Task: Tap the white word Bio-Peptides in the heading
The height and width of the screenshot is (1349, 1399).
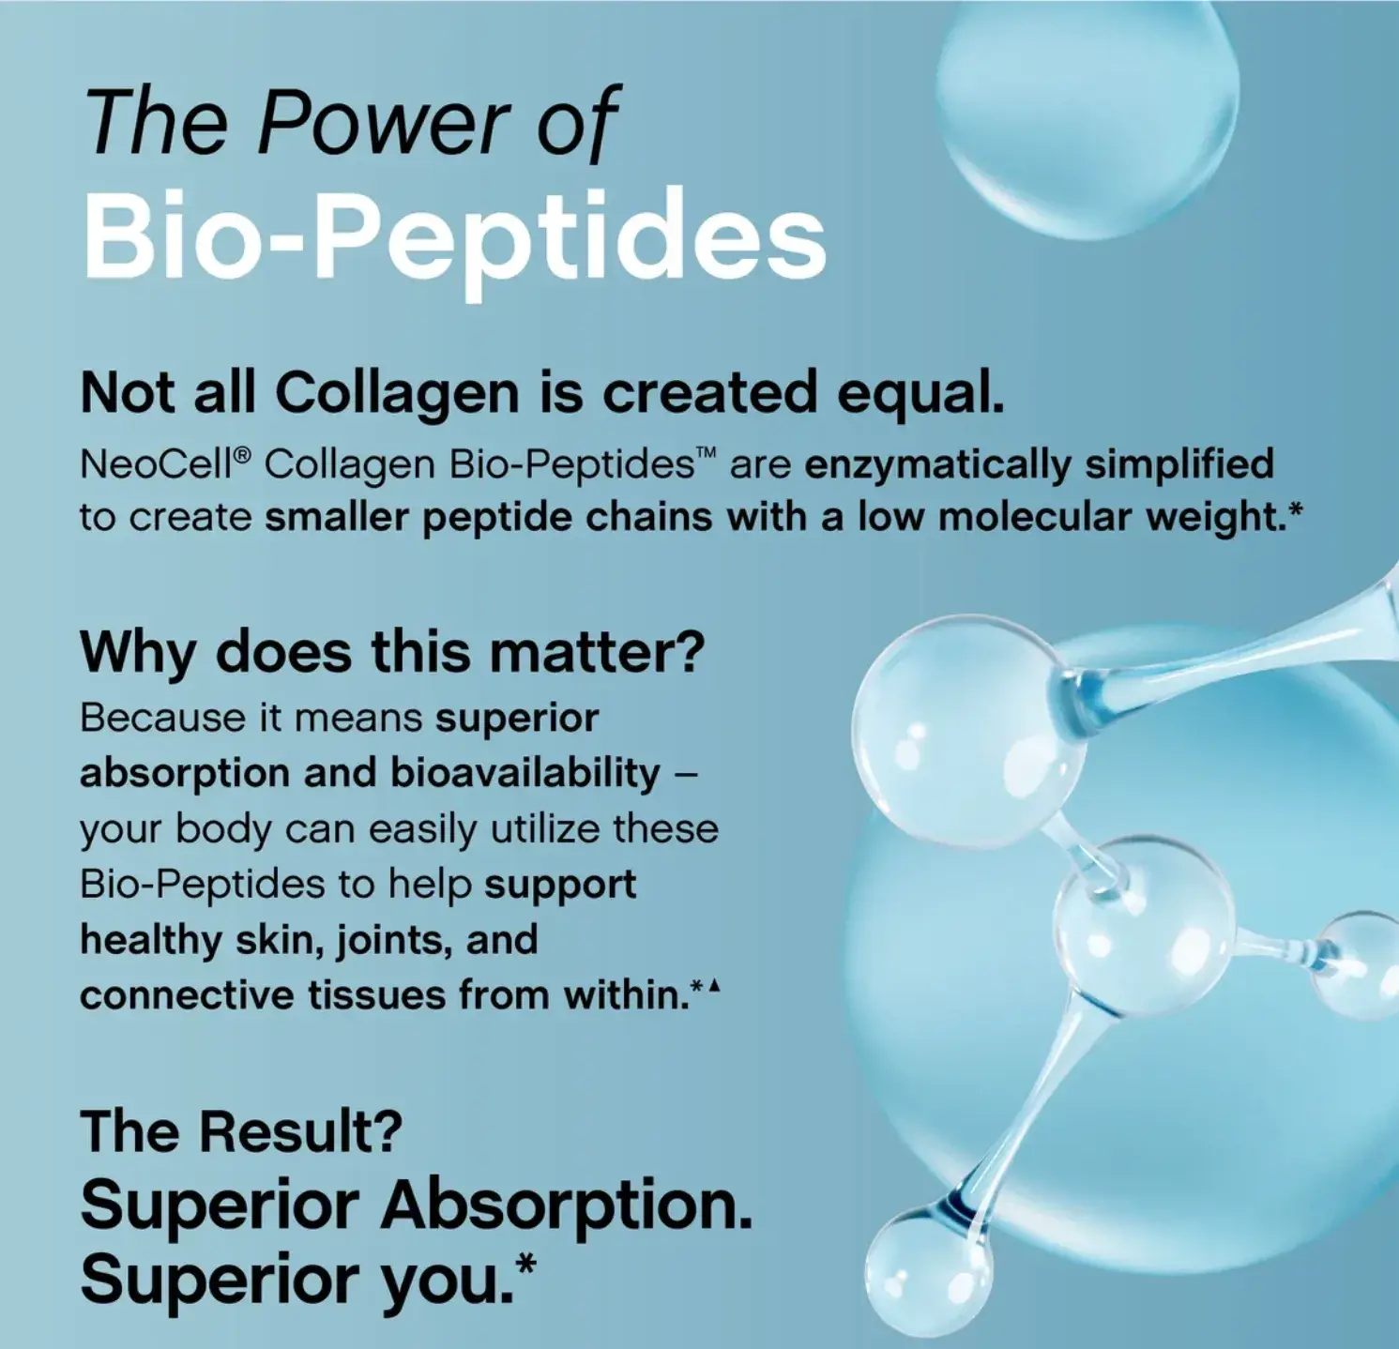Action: [454, 235]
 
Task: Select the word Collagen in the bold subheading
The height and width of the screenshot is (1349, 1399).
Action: [397, 394]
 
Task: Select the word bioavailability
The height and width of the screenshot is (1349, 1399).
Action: [525, 773]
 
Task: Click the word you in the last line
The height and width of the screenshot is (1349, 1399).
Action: [456, 1281]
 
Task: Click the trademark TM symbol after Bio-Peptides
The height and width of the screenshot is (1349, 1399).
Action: [707, 455]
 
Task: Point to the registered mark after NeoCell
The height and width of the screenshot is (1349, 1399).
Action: [242, 455]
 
